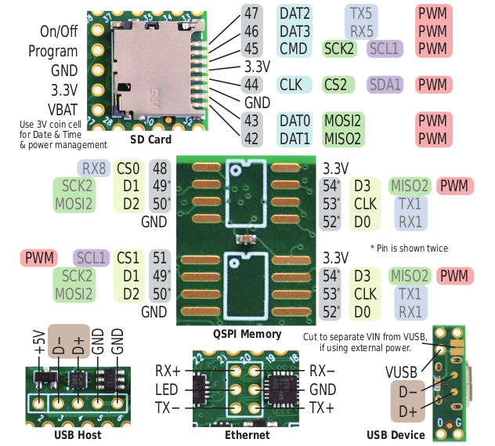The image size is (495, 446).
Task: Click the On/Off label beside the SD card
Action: (x=60, y=31)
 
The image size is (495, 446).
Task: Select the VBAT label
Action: (x=60, y=109)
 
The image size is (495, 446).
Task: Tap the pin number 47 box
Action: (x=251, y=13)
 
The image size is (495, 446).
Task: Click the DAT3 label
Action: (x=294, y=31)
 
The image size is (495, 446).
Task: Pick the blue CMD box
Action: (x=294, y=49)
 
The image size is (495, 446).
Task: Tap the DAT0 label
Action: (x=294, y=121)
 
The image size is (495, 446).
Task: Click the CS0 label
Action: (x=129, y=168)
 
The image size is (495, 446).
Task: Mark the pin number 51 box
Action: (x=160, y=257)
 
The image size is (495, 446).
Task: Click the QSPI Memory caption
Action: (x=247, y=334)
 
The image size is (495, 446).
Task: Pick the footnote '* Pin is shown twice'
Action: (x=409, y=248)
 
